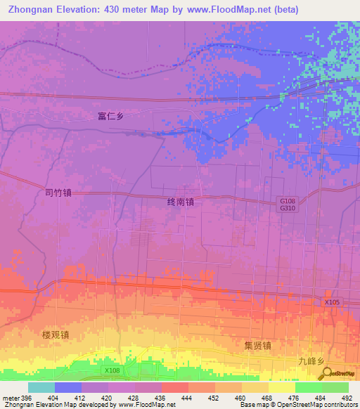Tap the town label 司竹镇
pyautogui.click(x=58, y=191)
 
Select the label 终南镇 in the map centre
pyautogui.click(x=180, y=201)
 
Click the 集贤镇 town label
pyautogui.click(x=257, y=345)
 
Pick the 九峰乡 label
pyautogui.click(x=310, y=361)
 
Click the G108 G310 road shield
pyautogui.click(x=286, y=204)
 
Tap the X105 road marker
pyautogui.click(x=333, y=301)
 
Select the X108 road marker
pyautogui.click(x=111, y=370)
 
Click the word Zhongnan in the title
pyautogui.click(x=34, y=10)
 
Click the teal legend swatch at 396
pyautogui.click(x=41, y=387)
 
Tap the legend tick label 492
pyautogui.click(x=347, y=398)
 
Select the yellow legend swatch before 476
pyautogui.click(x=281, y=387)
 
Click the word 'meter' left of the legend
pyautogui.click(x=10, y=398)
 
